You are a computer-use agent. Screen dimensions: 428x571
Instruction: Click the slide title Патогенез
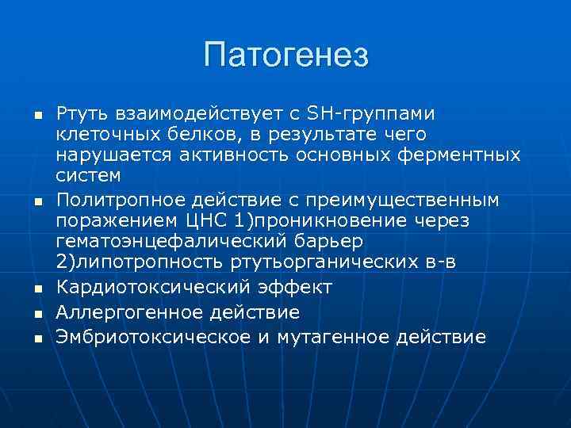(x=285, y=55)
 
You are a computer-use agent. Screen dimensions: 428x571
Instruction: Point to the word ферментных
(x=463, y=155)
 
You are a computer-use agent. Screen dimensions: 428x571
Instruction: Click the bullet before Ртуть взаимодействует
(x=36, y=118)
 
